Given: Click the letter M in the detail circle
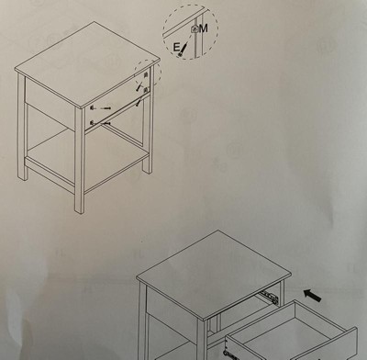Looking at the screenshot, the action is (203, 28).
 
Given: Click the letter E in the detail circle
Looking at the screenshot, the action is (176, 48).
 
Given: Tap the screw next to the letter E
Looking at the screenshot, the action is (183, 50).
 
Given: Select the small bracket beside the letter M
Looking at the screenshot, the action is (195, 29).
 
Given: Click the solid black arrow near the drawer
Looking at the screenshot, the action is (312, 296).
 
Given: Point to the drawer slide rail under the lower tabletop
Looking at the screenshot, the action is (269, 297).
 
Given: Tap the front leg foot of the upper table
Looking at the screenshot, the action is (79, 208).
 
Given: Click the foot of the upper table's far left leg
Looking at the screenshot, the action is (22, 175).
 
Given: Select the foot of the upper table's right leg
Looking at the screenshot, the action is (147, 169).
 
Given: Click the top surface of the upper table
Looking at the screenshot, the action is (87, 63).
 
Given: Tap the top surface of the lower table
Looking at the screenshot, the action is (214, 270).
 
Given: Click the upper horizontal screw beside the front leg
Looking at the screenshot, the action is (105, 108).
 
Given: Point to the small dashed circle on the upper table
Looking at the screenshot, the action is (148, 73).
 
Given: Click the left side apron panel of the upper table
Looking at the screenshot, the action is (50, 101).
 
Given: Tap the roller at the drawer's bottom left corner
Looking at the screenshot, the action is (227, 354).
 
